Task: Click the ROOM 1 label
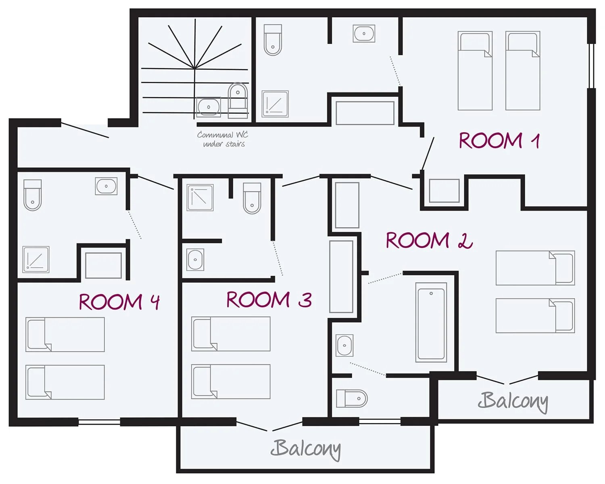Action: [499, 140]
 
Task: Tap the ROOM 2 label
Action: [429, 241]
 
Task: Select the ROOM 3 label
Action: [269, 300]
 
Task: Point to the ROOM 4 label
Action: [119, 302]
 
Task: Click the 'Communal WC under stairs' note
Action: [223, 139]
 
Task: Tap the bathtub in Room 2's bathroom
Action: [431, 322]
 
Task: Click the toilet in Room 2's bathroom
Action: [352, 398]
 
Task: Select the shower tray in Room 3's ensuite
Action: [200, 197]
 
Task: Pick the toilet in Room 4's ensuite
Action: [33, 195]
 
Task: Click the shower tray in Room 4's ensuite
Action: [36, 260]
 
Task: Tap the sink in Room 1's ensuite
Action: [364, 34]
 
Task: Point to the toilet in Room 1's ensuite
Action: [273, 40]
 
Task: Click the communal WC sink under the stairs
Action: [208, 107]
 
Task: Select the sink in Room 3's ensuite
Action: [195, 260]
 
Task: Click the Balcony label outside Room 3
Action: [306, 449]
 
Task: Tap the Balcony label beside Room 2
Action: [513, 402]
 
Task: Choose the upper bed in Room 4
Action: [65, 335]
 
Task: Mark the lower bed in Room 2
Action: [535, 316]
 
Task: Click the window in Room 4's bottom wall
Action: [99, 422]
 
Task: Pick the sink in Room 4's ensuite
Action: [106, 186]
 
